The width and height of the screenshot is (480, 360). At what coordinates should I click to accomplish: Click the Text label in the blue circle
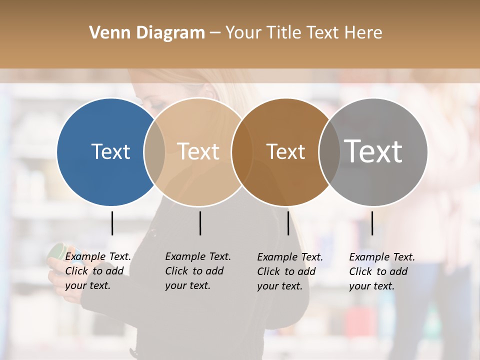(110, 151)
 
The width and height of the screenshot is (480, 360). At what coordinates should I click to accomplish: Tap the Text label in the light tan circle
(198, 151)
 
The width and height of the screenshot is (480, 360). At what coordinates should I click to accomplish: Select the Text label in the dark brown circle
(285, 152)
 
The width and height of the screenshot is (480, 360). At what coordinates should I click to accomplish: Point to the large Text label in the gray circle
(373, 151)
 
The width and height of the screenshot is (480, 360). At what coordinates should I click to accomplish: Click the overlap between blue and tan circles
(154, 152)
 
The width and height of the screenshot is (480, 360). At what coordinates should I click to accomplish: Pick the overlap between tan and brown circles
(242, 152)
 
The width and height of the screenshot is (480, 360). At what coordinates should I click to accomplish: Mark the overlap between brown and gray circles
(329, 152)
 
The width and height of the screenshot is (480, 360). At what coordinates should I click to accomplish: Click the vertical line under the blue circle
(112, 223)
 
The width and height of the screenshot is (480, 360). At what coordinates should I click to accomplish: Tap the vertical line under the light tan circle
(200, 223)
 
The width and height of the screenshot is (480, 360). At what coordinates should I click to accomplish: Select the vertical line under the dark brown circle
(288, 223)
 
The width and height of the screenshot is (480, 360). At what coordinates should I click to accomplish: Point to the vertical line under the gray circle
(372, 223)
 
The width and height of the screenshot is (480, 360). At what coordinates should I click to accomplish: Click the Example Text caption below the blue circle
(98, 256)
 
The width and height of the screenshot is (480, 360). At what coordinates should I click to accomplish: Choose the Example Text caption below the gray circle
(382, 257)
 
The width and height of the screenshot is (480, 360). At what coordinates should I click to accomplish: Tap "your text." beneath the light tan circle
(188, 285)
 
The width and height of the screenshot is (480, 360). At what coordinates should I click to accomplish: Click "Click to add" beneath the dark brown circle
(286, 271)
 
